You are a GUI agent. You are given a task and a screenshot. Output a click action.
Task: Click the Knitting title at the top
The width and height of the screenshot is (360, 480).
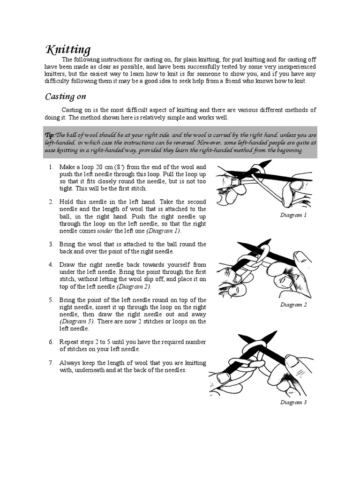(x=68, y=50)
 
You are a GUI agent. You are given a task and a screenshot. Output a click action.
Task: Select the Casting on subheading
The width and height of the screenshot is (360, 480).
(x=65, y=97)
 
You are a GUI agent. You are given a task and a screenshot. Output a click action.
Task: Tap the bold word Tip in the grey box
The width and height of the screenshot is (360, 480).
(x=49, y=135)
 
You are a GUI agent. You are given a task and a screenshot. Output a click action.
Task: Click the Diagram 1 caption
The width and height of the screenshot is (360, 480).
(x=293, y=215)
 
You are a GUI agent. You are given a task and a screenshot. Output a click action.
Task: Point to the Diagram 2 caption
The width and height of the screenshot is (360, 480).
(x=293, y=305)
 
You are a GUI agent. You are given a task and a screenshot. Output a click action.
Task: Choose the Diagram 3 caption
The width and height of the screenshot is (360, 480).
(x=293, y=402)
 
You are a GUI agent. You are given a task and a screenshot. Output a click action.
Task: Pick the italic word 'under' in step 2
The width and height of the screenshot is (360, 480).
(x=105, y=231)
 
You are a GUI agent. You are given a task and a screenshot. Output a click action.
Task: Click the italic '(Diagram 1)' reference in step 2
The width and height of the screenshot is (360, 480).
(x=164, y=231)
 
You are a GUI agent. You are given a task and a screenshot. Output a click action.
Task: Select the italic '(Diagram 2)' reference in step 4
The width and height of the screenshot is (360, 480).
(x=134, y=286)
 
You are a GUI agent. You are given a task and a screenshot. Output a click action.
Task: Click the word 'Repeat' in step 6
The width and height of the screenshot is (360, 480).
(x=69, y=342)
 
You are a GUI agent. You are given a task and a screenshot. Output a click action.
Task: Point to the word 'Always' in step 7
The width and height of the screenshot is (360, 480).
(x=69, y=363)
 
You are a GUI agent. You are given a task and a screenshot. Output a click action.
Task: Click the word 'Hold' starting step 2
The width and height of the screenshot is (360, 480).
(x=67, y=202)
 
